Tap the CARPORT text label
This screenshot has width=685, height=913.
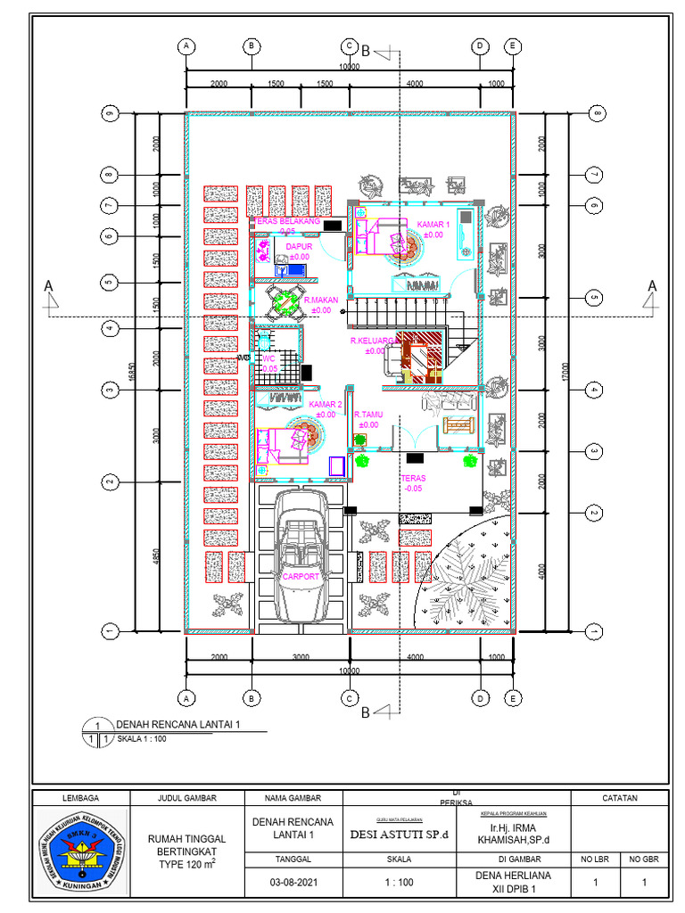(301, 577)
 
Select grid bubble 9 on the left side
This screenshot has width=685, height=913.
(110, 114)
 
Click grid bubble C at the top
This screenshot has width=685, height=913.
(350, 45)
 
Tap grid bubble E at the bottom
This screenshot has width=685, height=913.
(512, 697)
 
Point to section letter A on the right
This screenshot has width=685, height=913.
(652, 285)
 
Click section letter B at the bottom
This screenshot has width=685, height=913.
(365, 711)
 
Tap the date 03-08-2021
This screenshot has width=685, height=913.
(293, 883)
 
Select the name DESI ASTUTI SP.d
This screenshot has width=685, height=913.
(399, 835)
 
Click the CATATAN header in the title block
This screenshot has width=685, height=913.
(619, 798)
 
